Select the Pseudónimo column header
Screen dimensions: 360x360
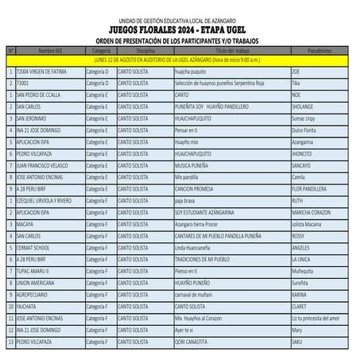click(x=319, y=49)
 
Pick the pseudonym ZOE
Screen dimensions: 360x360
click(x=296, y=71)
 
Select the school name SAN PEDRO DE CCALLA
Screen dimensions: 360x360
click(x=39, y=94)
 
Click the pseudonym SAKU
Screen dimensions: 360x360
click(x=297, y=341)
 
